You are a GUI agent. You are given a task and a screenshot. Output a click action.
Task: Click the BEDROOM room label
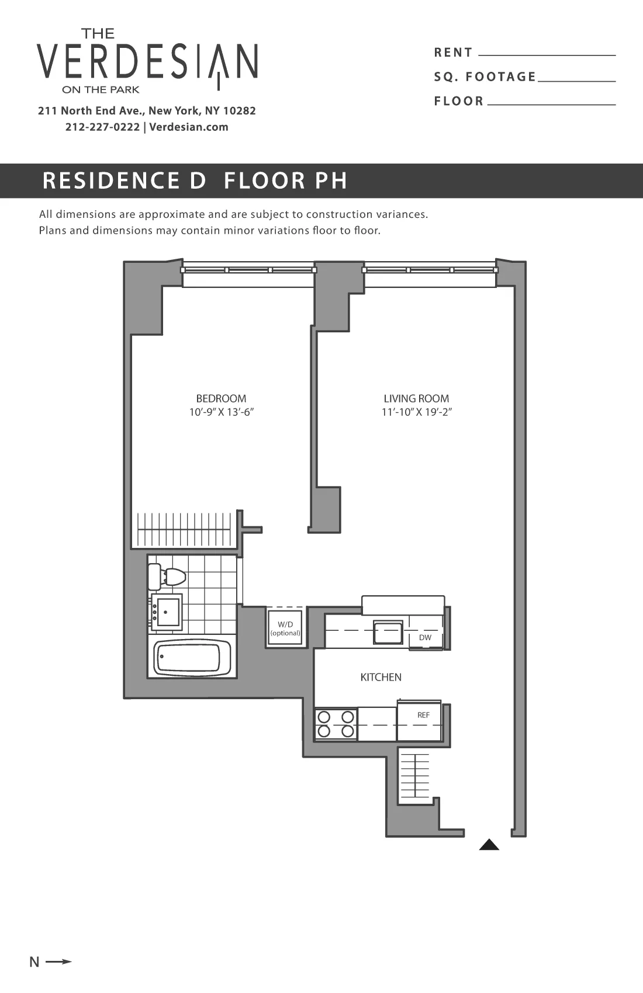(x=221, y=398)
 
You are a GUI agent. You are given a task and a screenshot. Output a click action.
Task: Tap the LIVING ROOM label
(x=416, y=398)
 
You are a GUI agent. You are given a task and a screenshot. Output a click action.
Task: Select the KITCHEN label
(x=381, y=677)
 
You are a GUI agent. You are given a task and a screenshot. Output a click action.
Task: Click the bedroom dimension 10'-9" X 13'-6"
(x=221, y=412)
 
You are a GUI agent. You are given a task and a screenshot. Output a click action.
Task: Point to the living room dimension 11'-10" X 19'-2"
(x=417, y=412)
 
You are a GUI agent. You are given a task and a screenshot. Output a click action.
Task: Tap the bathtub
(x=191, y=658)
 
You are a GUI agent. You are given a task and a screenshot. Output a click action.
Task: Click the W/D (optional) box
(x=285, y=629)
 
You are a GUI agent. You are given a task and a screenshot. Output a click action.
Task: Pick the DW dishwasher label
(x=425, y=637)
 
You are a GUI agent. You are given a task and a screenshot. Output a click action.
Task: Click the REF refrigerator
(x=420, y=721)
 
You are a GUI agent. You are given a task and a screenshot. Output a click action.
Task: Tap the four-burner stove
(x=336, y=724)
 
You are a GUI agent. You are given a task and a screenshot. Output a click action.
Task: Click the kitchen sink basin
(x=388, y=633)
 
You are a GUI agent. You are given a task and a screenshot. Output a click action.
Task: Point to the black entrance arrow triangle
(x=489, y=845)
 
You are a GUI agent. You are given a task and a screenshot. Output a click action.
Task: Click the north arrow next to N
(x=58, y=961)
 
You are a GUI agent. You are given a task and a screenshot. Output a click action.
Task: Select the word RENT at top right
(x=453, y=53)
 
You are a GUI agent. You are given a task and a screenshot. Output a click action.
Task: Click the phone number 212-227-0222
(x=102, y=127)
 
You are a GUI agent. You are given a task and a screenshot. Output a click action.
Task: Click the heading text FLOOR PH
(x=285, y=180)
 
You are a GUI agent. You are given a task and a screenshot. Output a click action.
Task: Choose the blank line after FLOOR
(x=551, y=104)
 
